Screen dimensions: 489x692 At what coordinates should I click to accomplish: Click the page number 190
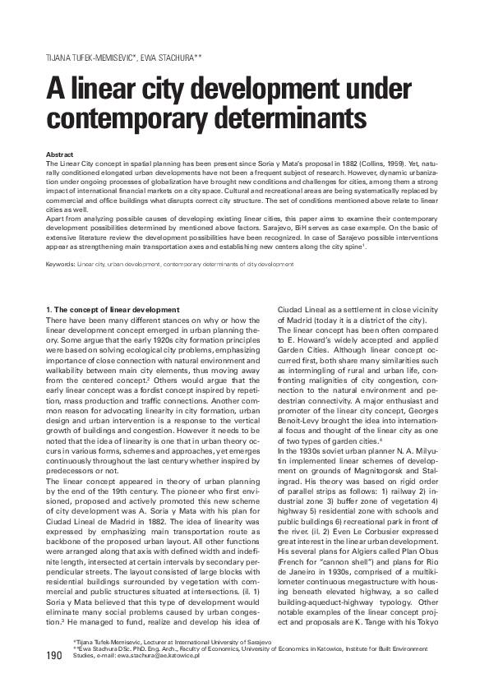point(54,655)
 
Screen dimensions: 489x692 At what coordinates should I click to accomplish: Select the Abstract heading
point(60,155)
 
